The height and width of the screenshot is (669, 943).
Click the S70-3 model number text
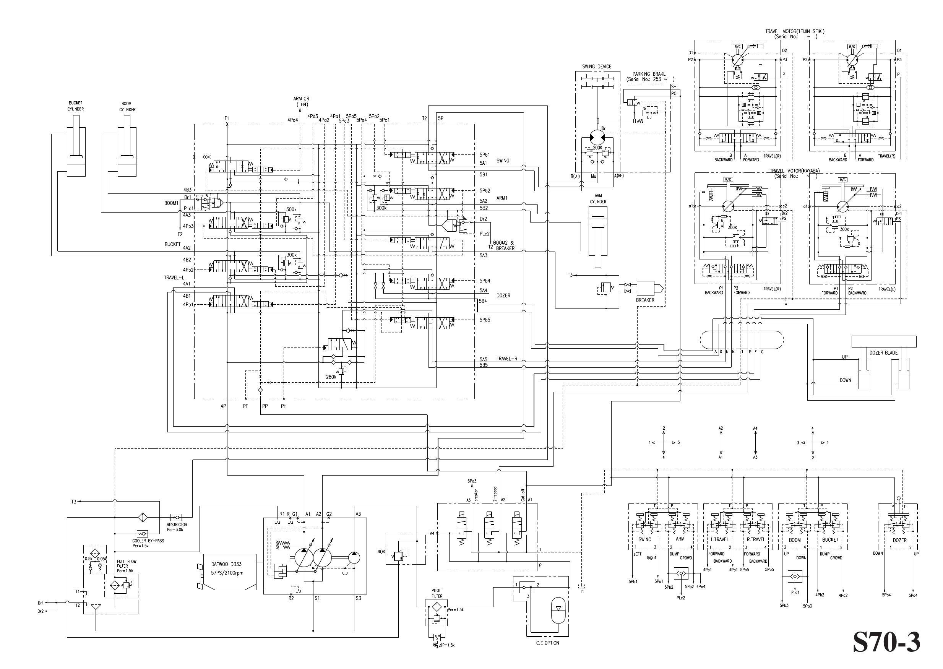886,642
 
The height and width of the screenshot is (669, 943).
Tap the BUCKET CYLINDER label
75,106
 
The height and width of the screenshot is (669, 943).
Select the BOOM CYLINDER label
127,107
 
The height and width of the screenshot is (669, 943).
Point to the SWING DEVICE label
596,66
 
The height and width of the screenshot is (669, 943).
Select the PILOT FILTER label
437,593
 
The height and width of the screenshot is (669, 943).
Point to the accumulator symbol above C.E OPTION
558,609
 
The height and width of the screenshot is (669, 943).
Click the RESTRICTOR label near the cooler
177,525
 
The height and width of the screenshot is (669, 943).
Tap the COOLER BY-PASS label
148,541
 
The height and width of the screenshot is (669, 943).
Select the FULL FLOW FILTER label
127,566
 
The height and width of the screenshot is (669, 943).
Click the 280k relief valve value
331,377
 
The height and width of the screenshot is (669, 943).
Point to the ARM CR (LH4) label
301,102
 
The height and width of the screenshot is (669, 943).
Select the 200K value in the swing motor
597,148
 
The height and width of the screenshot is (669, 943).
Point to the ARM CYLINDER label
598,198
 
